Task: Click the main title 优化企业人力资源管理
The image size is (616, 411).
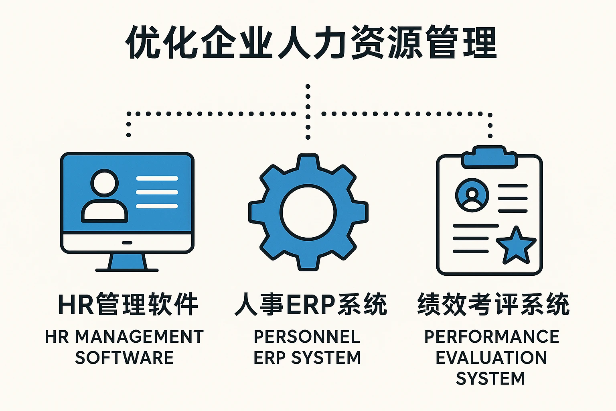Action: point(311,43)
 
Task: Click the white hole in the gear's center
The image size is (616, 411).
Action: point(308,212)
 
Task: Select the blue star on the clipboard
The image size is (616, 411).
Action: point(516,245)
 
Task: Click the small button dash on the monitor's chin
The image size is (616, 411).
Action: point(127,243)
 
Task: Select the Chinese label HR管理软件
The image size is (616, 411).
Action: point(128,305)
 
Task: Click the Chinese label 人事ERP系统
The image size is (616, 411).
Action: point(311,305)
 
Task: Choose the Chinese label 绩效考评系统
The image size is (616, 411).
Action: point(493,305)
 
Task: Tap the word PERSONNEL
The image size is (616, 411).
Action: point(307,337)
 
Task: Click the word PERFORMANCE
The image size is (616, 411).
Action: point(492,337)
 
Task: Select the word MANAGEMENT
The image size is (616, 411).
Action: point(139,337)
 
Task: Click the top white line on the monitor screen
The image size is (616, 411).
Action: point(157,179)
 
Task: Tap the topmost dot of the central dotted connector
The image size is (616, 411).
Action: point(308,86)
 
